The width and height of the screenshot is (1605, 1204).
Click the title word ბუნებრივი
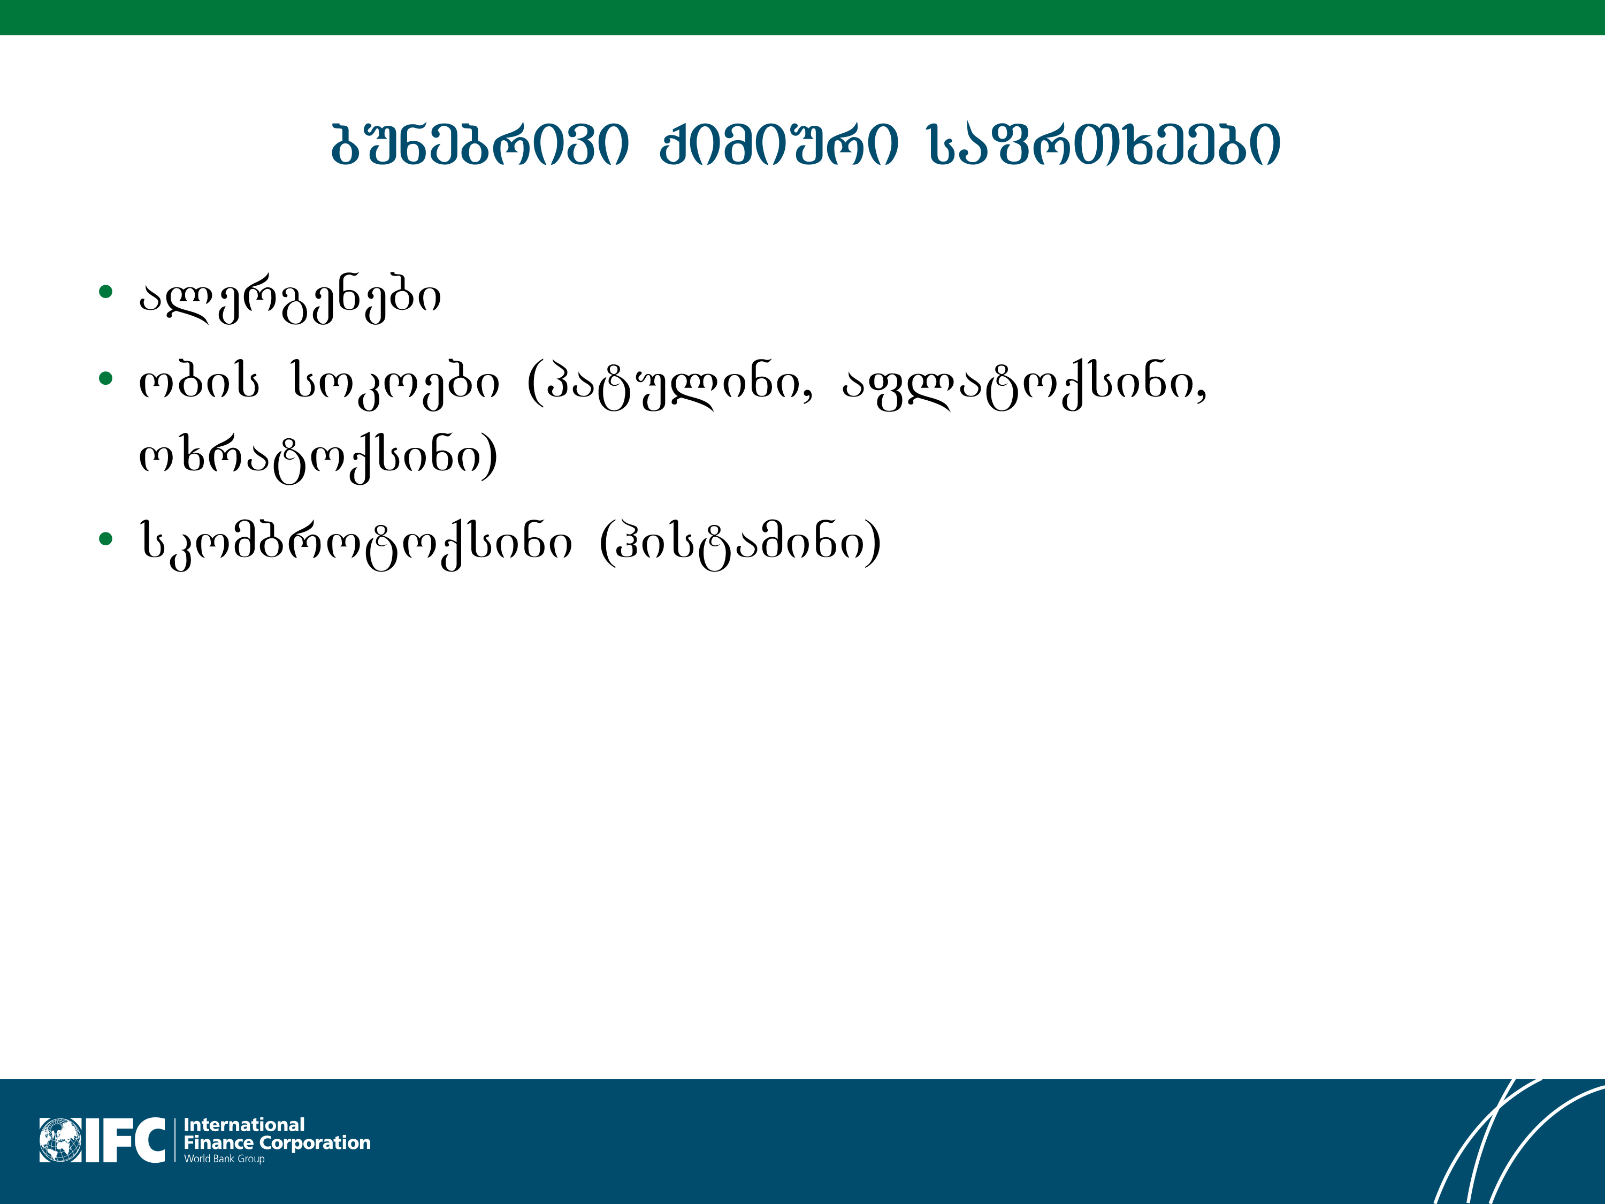point(479,144)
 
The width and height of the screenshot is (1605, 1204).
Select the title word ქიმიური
point(778,144)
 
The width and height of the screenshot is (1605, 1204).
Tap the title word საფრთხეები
point(1104,144)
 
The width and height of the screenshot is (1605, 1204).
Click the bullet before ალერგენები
point(106,292)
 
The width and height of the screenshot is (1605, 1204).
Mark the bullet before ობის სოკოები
point(106,378)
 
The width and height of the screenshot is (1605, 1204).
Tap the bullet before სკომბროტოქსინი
point(106,538)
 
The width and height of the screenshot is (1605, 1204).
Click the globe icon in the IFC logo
point(60,1140)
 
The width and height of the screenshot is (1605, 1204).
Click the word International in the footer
point(244,1125)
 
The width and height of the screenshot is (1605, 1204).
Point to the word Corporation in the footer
point(315,1144)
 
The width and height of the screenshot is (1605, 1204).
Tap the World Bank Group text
point(224,1159)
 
